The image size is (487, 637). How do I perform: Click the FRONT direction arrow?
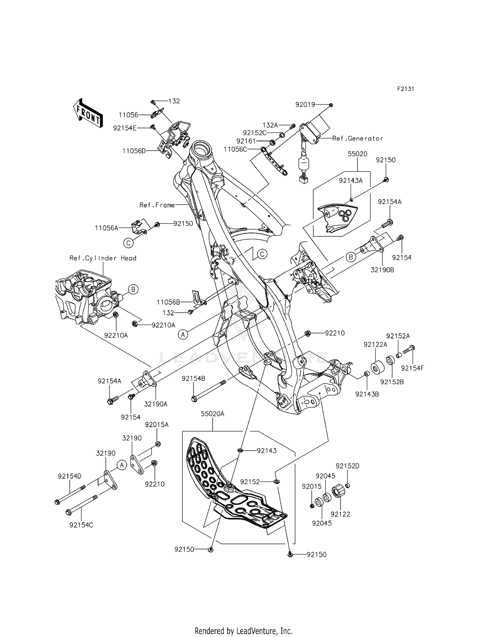(88, 113)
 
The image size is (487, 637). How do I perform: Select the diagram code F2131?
(405, 89)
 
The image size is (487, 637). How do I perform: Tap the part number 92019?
(305, 105)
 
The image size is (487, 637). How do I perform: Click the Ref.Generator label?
(357, 138)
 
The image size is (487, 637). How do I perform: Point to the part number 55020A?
(212, 414)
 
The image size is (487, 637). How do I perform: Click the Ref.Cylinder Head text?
(103, 258)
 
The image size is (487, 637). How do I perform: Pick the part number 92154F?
(412, 368)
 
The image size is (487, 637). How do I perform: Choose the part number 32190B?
(382, 269)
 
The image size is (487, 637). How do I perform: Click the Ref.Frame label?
(157, 205)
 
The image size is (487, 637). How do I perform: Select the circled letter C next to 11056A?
(129, 242)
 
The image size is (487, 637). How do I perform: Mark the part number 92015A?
(156, 424)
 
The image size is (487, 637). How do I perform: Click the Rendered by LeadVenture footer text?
(243, 622)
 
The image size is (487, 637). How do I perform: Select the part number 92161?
(246, 141)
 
